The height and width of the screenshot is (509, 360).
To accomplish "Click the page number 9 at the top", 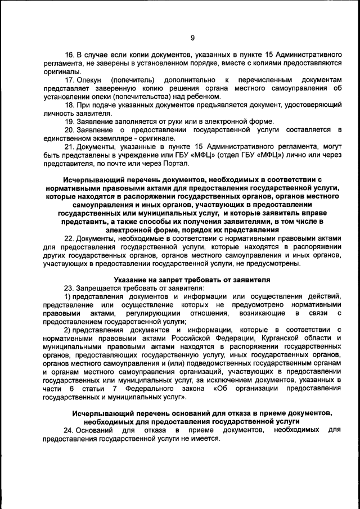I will coord(192,38).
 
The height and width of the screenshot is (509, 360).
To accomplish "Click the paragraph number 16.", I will coord(69,56).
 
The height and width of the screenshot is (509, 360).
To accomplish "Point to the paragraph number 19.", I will coord(69,121).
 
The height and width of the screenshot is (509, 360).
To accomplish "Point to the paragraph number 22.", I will coord(69,238).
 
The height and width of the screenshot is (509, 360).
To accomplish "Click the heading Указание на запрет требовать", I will coord(191,280).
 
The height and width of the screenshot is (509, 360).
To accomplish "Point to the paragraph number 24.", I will coord(69,430).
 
